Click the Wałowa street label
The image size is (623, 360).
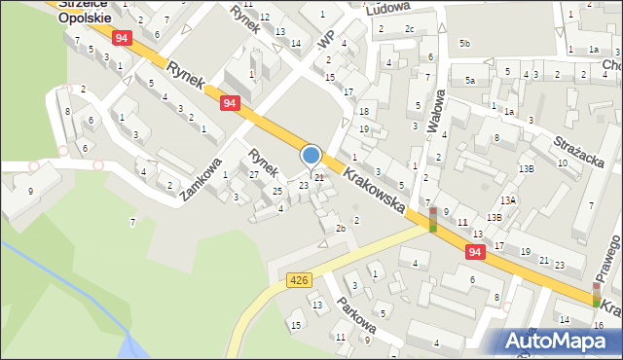click(x=440, y=114)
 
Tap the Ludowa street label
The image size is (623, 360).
click(x=386, y=10)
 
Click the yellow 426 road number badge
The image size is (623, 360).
click(x=299, y=280)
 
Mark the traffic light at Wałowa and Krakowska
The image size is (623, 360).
click(x=432, y=220)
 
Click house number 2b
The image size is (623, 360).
click(x=340, y=229)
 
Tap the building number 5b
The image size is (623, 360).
click(x=465, y=44)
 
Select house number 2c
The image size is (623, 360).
click(x=410, y=28)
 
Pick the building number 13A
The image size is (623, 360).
click(x=508, y=198)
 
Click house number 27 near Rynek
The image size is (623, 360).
click(x=253, y=174)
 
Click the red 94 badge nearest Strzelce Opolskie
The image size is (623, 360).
click(x=121, y=38)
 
